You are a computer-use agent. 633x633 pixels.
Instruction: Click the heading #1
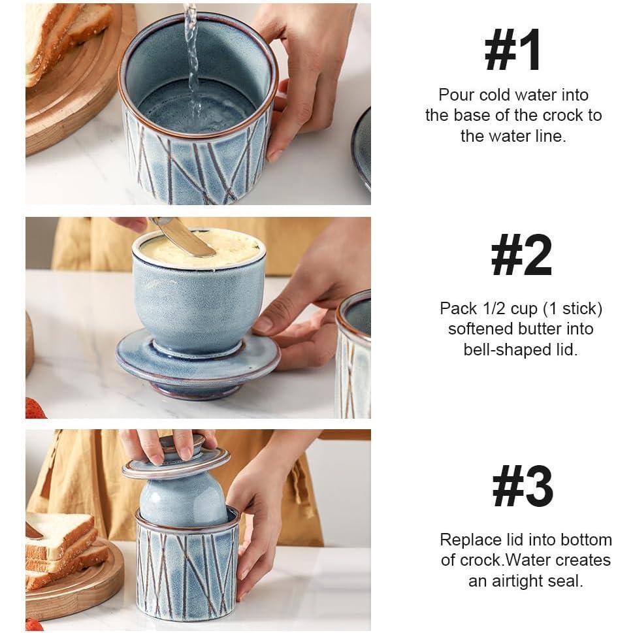tap(513, 50)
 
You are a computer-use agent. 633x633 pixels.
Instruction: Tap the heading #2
tap(521, 256)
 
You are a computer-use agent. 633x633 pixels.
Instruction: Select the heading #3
tap(523, 487)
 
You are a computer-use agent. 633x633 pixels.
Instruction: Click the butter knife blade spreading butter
tap(186, 239)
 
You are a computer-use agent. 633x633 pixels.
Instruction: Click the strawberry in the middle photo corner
tap(34, 410)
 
